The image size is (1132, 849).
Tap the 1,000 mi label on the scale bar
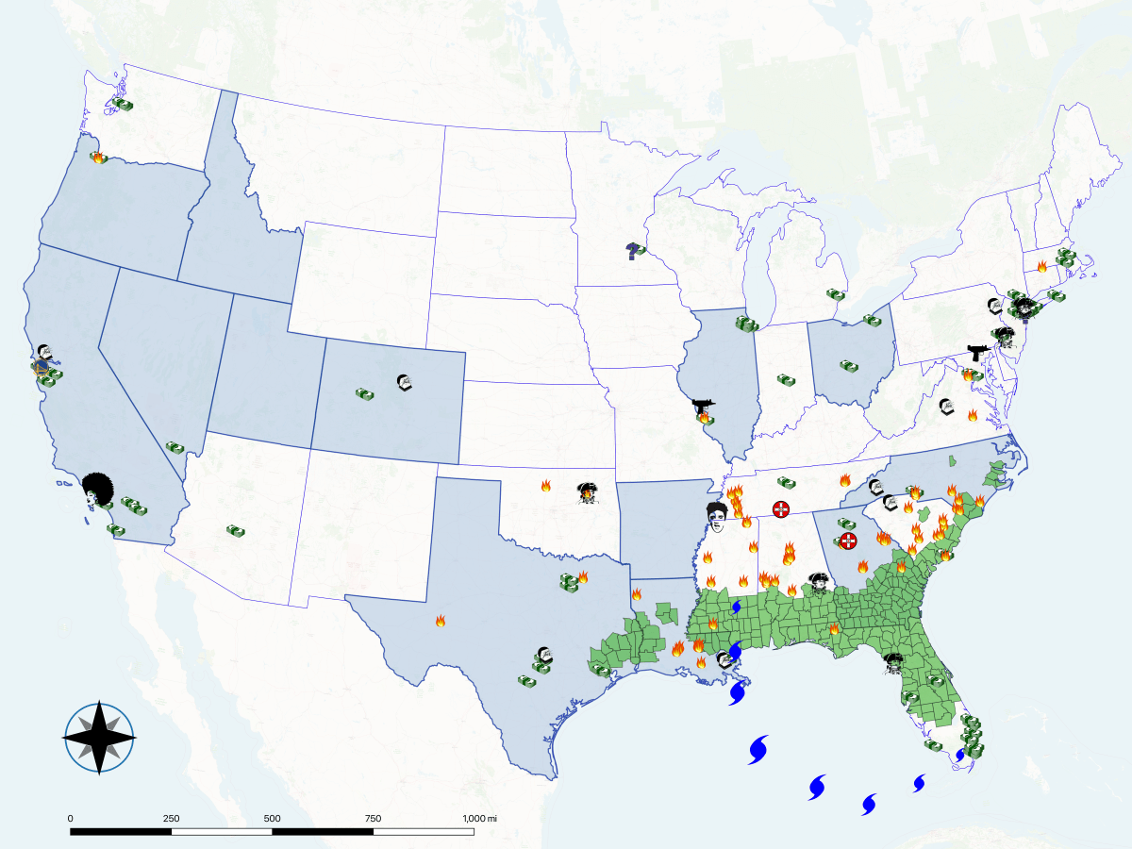[x=479, y=818]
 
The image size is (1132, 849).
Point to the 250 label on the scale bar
[x=171, y=818]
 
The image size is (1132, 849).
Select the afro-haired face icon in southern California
[x=94, y=489]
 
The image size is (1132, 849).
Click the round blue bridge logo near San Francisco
[x=41, y=366]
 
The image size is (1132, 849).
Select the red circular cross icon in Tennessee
[x=781, y=509]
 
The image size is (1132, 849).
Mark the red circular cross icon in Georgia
[x=848, y=541]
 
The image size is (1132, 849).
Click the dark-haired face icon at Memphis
[x=718, y=516]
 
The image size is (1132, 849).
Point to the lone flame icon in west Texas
[x=441, y=621]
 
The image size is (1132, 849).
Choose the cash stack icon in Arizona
[x=236, y=532]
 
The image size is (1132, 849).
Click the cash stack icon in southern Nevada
[x=175, y=447]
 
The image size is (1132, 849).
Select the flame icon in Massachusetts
[x=1041, y=267]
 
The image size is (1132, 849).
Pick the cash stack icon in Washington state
[x=124, y=105]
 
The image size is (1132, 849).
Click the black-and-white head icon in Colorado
[x=405, y=383]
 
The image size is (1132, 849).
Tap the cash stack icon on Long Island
[x=1056, y=296]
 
